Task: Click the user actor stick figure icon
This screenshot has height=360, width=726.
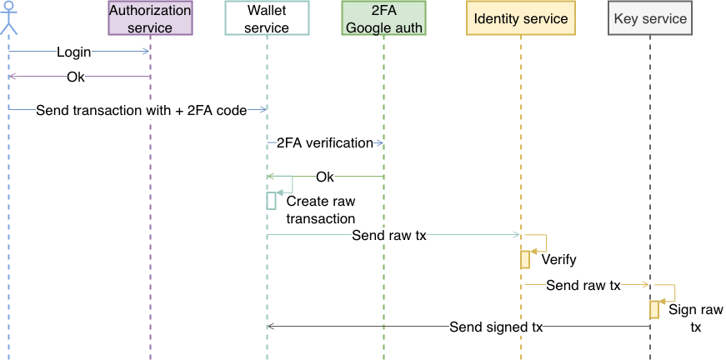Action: (8, 18)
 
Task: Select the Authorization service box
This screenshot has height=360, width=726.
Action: (150, 19)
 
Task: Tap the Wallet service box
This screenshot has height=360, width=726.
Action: (268, 19)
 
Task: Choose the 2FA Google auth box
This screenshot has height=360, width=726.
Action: (384, 19)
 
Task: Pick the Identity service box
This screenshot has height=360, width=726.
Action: (520, 19)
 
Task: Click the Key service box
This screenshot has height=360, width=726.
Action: (649, 19)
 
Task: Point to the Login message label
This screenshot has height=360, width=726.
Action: (74, 52)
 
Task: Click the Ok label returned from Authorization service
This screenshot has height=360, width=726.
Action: (76, 77)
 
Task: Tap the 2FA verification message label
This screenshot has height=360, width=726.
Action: (324, 143)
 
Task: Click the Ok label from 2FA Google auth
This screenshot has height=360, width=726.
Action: (325, 177)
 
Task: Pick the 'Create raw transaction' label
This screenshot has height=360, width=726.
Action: (320, 210)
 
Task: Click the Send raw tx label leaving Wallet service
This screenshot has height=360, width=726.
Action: (389, 236)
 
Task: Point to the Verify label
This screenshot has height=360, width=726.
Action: (558, 260)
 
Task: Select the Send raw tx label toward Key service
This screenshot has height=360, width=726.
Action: (583, 286)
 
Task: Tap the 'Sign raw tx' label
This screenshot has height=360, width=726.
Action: (695, 318)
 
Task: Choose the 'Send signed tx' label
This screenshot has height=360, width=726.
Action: (496, 327)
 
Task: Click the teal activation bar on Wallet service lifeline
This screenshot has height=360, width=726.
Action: (271, 201)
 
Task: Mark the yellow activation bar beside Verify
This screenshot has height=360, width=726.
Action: (525, 260)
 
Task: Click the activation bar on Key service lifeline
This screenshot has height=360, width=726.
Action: (654, 309)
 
